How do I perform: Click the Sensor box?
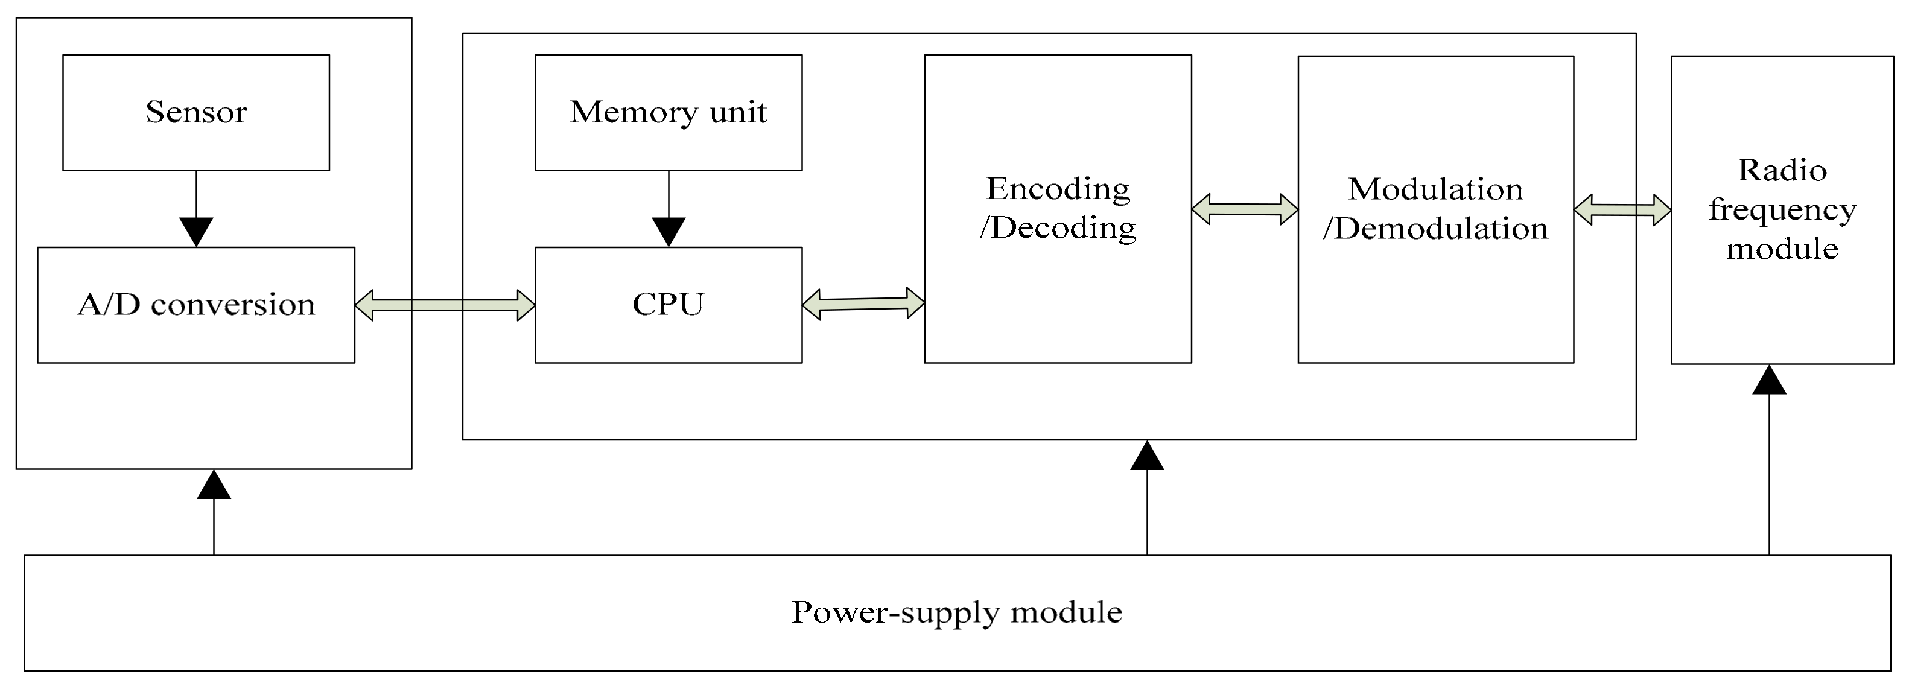195,113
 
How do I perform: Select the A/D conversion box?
195,305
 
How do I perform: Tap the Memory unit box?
668,113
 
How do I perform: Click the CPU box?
668,305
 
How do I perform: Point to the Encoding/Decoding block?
1058,209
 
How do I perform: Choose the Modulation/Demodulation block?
1435,209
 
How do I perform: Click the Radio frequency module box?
1782,211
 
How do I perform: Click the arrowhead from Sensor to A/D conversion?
196,231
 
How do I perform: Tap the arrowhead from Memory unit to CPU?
669,231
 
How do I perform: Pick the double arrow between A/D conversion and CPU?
445,305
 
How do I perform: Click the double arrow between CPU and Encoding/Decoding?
863,303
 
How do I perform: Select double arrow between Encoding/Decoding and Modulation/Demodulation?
1244,209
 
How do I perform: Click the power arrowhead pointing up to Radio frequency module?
1769,381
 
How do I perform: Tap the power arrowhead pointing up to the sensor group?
214,485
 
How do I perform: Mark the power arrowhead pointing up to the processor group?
1146,456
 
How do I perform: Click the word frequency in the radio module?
1782,211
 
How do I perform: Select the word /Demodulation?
1435,229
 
